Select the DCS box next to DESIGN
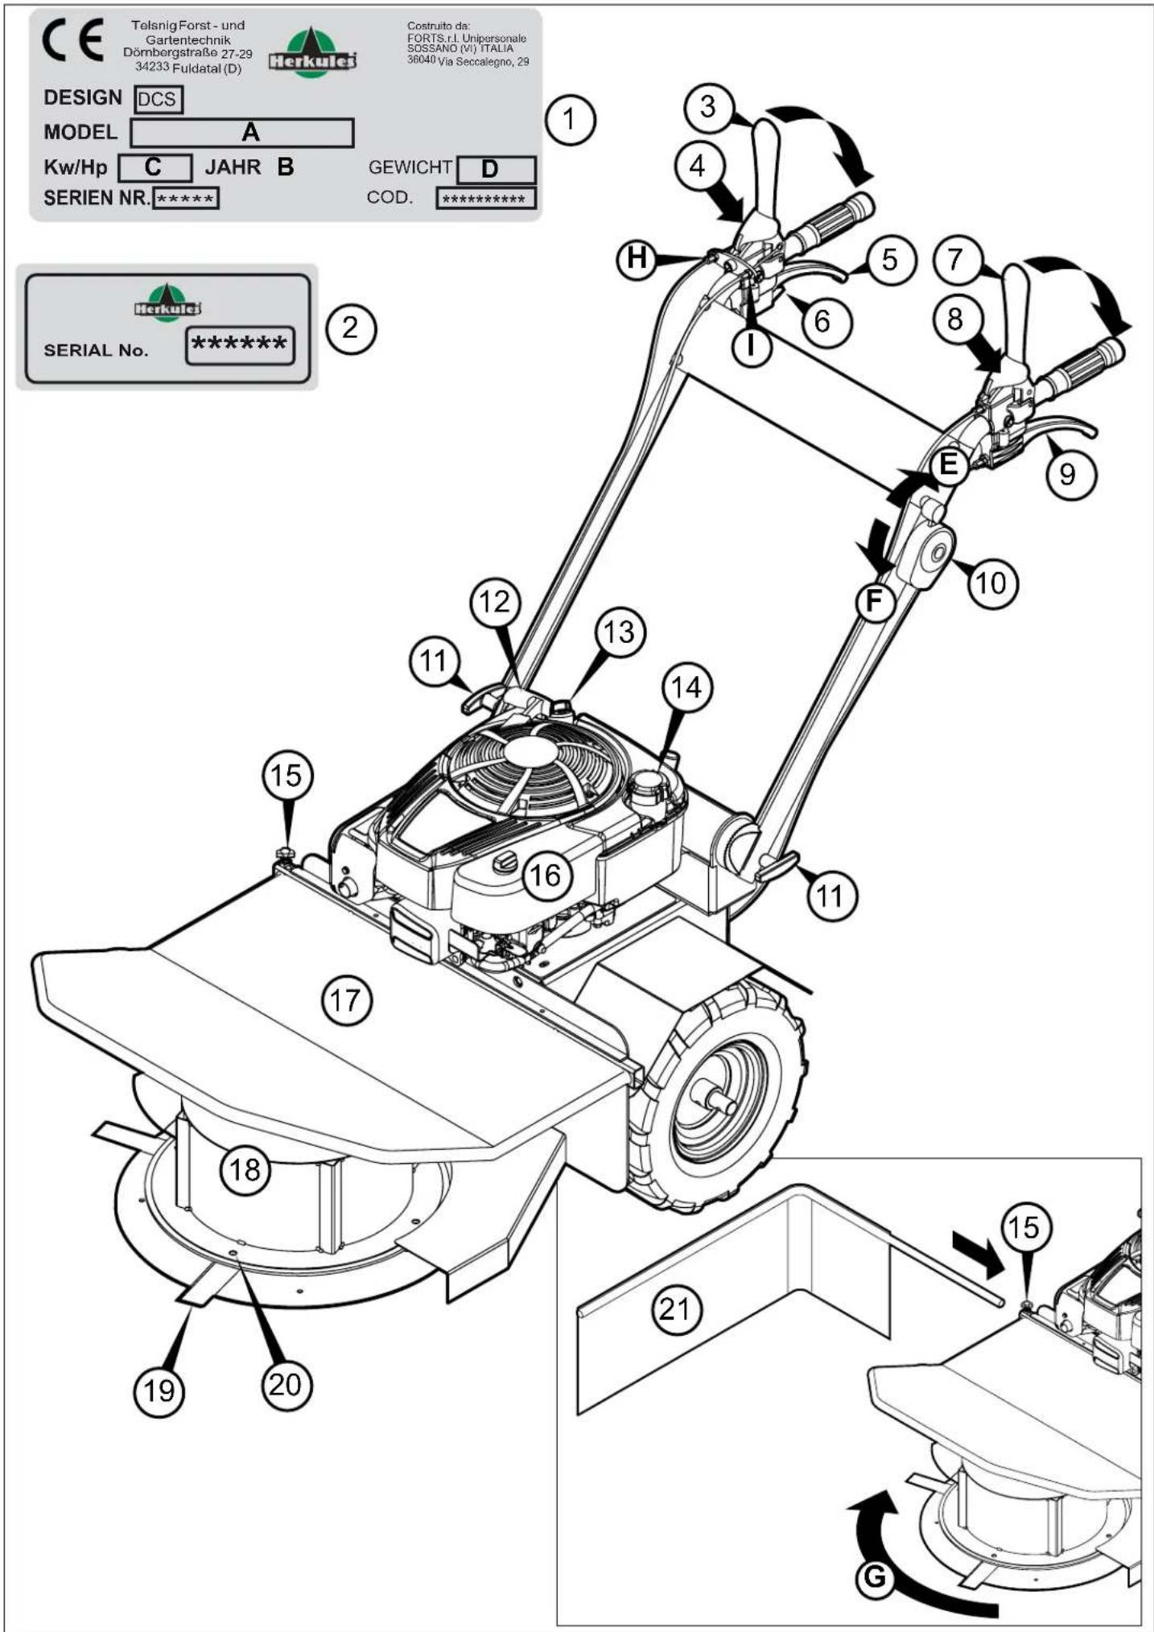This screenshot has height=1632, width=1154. pos(159,99)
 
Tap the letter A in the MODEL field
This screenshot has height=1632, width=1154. pos(250,131)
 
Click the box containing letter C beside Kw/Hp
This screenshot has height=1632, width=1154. pos(155,167)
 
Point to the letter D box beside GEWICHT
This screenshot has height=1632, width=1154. pos(496,169)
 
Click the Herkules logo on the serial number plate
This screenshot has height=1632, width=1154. pos(167,303)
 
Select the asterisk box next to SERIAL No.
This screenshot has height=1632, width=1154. pos(240,345)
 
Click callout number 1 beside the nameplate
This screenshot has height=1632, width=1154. pos(571,120)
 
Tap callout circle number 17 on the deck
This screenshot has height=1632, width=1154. pos(346,1000)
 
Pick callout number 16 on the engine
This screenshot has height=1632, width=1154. pos(546,875)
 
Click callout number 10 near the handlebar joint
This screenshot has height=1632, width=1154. pos(992,582)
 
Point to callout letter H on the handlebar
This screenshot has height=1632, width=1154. pos(637,258)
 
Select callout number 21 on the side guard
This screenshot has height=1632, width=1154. pos(676,1309)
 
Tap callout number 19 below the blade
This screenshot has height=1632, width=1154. pos(159,1390)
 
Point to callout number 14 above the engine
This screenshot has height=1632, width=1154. pos(686,687)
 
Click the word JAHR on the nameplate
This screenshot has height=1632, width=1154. pos(233,167)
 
